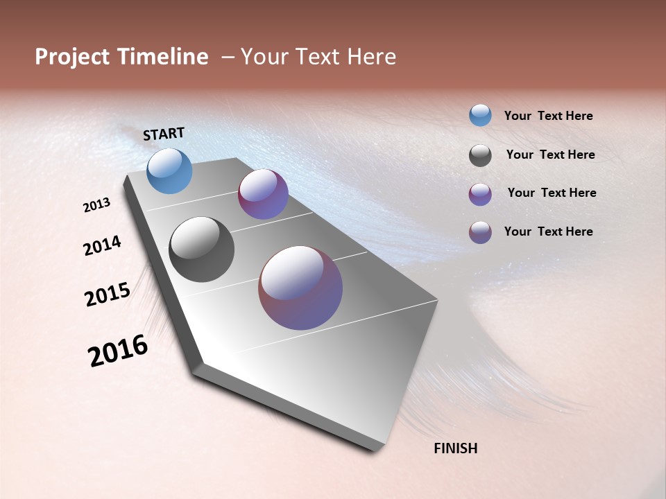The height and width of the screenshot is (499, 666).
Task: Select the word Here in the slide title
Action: pos(372,58)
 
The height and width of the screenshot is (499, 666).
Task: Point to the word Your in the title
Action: pos(264,58)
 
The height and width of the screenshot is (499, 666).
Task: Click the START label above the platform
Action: pos(164,134)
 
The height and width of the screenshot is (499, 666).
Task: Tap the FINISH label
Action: pos(455,448)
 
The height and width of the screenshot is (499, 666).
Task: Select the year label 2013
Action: pos(96,205)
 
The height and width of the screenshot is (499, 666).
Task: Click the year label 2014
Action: pos(102,246)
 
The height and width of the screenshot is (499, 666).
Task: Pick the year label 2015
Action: pos(108,295)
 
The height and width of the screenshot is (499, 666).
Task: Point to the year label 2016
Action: pos(118,351)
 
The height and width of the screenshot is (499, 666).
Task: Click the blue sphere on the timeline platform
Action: pos(170,170)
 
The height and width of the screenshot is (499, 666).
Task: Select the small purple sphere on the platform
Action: pos(263,194)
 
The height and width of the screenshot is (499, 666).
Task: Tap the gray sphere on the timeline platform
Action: pos(201,249)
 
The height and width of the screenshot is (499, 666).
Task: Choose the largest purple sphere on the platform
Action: pos(300,288)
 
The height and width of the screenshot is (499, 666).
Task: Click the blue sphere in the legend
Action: pos(480,115)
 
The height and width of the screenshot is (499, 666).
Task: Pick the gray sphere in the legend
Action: pos(480,155)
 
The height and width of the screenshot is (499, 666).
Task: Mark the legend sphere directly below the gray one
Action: pos(480,194)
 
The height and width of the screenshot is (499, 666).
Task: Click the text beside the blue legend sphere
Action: pos(548,116)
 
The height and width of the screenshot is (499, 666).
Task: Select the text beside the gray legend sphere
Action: pos(550,155)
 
